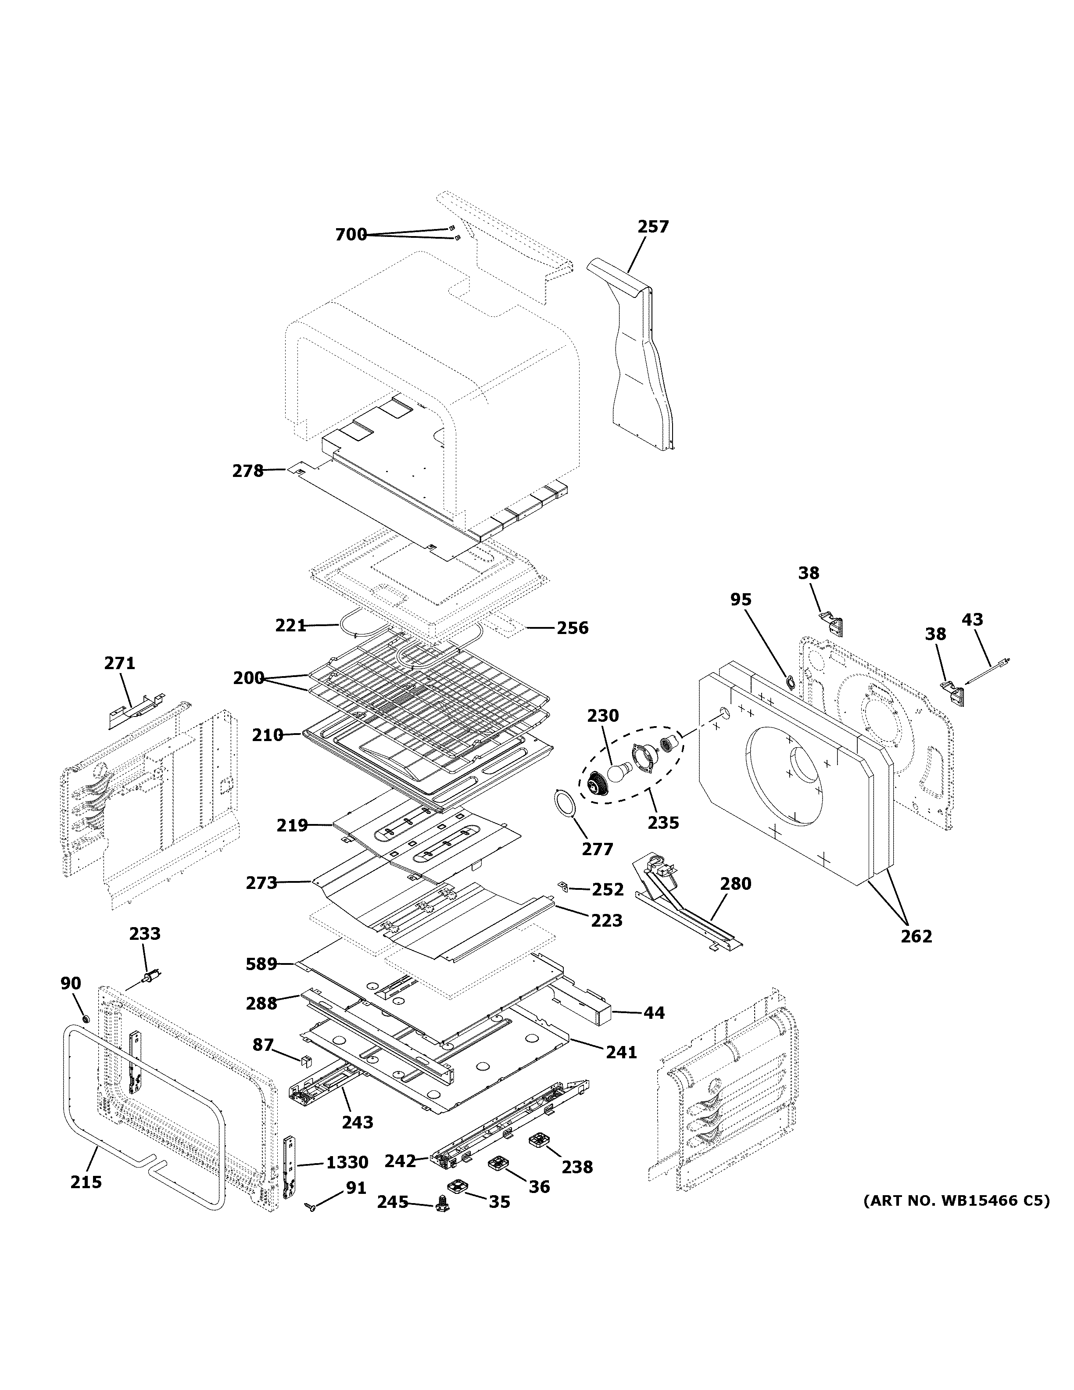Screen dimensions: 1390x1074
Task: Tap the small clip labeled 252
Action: coord(563,885)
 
